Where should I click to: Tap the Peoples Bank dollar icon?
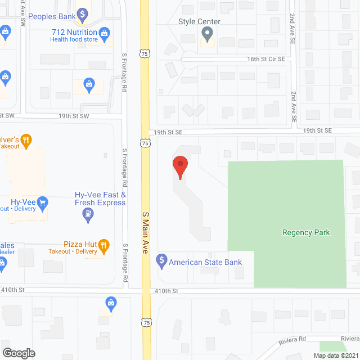pos(82,13)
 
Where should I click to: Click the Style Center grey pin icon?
pos(207,35)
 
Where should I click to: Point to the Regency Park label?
pos(306,232)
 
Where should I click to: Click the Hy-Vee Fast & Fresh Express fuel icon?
pos(87,213)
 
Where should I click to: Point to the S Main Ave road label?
pos(145,232)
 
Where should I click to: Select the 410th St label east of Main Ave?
pos(166,291)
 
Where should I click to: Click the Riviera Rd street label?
pos(293,339)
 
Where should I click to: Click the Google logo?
pos(19,353)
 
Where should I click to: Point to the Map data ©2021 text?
pos(336,355)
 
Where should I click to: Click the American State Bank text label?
pos(205,262)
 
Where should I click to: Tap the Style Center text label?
pos(199,21)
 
